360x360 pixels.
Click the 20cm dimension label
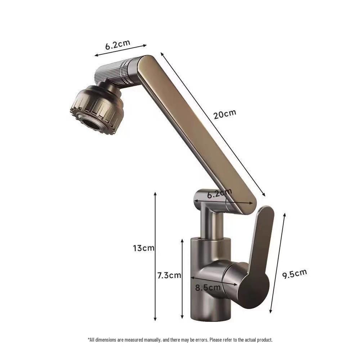(x=225, y=114)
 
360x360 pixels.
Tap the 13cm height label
(x=144, y=248)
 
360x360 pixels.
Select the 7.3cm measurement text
(x=169, y=275)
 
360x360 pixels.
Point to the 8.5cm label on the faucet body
(x=208, y=288)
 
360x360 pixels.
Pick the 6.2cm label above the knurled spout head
(x=117, y=45)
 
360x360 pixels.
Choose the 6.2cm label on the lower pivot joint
(x=220, y=194)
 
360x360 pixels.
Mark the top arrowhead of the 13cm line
(x=155, y=193)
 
